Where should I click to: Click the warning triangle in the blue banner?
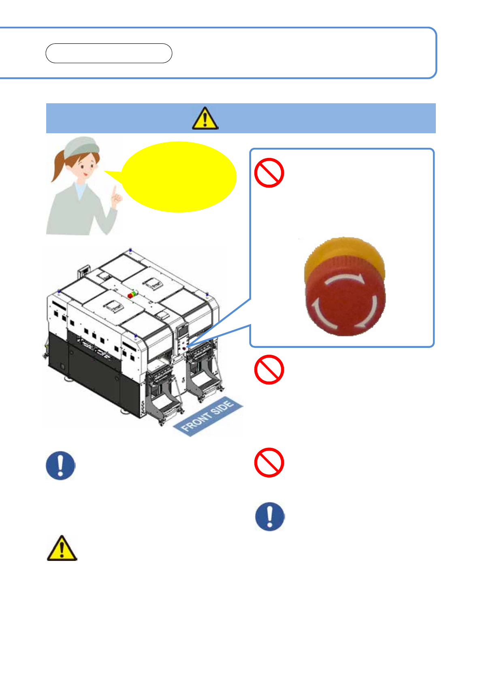pos(205,118)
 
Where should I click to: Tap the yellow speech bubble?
pos(178,177)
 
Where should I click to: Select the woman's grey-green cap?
pos(81,147)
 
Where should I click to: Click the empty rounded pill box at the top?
pos(109,53)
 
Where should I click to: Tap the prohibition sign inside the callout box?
pos(269,173)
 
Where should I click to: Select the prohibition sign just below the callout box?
pos(269,369)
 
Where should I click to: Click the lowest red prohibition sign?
pos(269,462)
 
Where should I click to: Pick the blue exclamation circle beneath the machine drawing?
pos(60,465)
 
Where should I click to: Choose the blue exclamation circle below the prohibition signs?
pos(270,516)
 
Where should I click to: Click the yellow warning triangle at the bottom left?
pos(62,548)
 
